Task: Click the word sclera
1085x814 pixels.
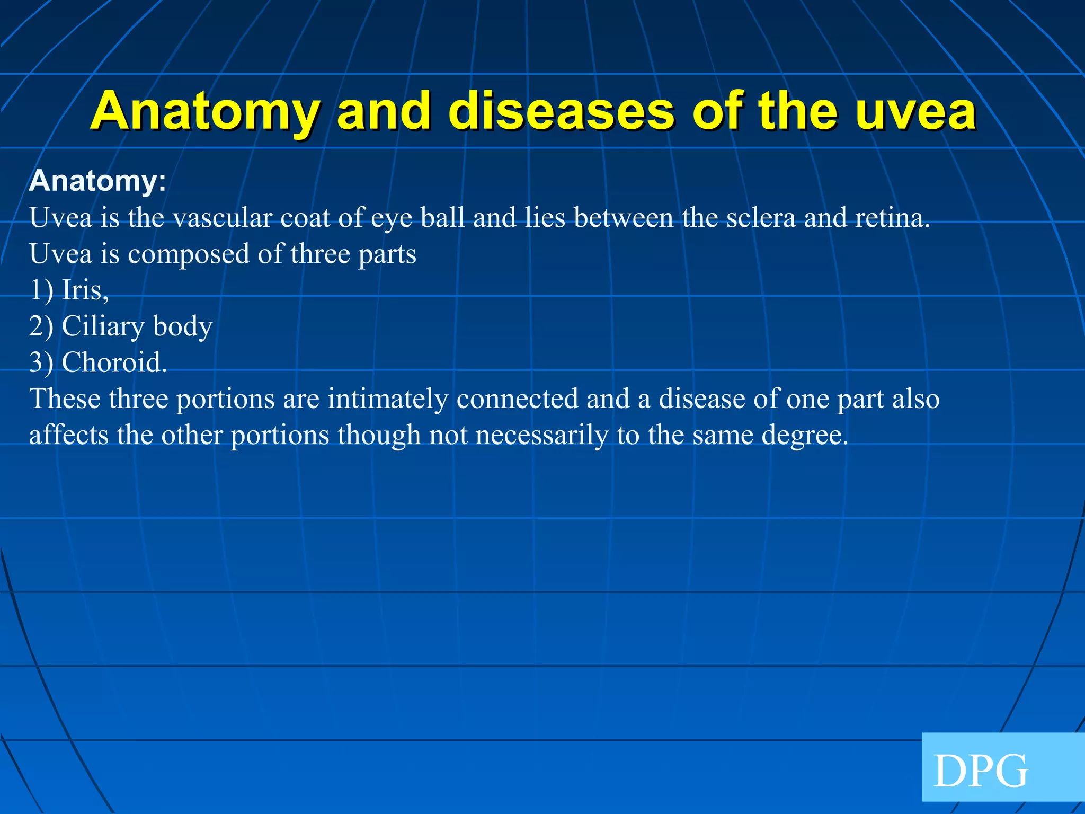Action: tap(761, 218)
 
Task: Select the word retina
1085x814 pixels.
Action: tap(892, 218)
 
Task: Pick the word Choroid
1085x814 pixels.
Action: tap(114, 362)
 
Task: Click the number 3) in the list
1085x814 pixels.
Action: tap(41, 362)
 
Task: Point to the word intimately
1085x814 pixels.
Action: tap(387, 399)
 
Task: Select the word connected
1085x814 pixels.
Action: tap(517, 399)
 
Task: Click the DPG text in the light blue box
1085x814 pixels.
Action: tap(980, 772)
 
